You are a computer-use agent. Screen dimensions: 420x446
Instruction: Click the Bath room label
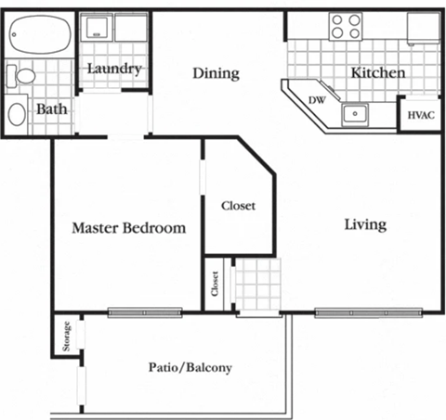coord(50,109)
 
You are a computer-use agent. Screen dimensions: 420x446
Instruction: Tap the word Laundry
coord(114,69)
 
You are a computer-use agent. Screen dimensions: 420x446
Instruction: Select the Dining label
coord(216,72)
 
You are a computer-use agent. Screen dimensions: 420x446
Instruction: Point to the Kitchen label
coord(377,72)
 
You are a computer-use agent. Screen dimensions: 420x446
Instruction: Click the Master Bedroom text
coord(128,227)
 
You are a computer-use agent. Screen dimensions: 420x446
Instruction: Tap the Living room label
coord(365,224)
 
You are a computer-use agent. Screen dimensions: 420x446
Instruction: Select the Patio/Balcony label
coord(190,367)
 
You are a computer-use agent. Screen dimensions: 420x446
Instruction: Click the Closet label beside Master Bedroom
coord(238,206)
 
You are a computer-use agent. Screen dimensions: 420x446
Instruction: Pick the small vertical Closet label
coord(216,285)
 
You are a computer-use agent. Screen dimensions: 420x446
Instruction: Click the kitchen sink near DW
coord(354,114)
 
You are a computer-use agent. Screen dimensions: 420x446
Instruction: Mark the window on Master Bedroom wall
coord(144,312)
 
